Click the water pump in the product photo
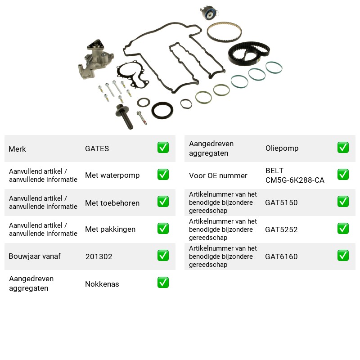point(94,60)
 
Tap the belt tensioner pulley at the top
point(209,13)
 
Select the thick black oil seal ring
point(162,110)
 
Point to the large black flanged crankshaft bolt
point(125,116)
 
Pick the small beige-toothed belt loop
point(224,32)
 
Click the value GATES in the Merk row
point(97,148)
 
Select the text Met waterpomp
point(112,175)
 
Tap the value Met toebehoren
point(112,203)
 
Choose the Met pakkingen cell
point(110,229)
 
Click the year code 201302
point(99,256)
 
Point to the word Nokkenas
point(102,284)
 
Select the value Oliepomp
point(282,148)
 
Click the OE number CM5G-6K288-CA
point(295,180)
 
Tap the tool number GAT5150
point(281,202)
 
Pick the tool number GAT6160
point(281,256)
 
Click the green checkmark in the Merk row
point(163,148)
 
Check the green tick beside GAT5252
point(343,229)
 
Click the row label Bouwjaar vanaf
point(35,256)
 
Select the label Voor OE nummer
point(218,175)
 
